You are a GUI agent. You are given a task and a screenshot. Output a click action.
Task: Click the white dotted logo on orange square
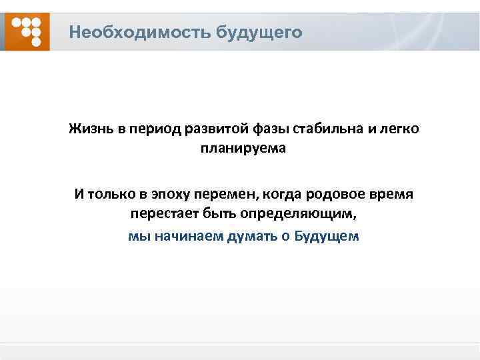27,31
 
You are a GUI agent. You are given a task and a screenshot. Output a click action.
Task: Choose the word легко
399,128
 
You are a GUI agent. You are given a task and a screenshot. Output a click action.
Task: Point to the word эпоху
167,195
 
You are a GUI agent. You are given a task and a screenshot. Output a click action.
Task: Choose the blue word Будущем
327,236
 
